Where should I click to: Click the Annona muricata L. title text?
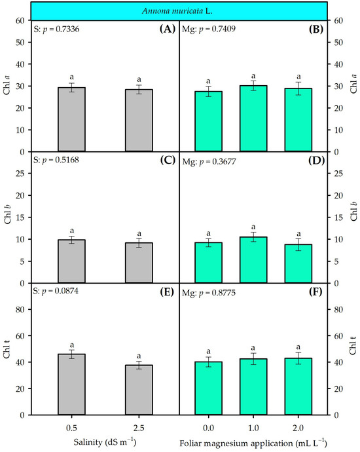tap(177, 11)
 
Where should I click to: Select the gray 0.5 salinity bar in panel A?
tap(72, 119)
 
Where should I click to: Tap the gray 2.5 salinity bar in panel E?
tap(139, 390)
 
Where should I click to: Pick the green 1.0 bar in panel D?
tap(253, 259)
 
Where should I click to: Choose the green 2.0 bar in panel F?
tap(298, 386)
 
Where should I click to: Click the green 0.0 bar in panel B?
tap(209, 121)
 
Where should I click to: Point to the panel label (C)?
tap(168, 160)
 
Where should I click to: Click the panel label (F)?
tap(315, 292)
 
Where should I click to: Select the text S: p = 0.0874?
tap(56, 292)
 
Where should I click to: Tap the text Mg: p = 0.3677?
tap(209, 162)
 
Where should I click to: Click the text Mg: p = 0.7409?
tap(209, 29)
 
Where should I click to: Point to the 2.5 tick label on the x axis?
tap(139, 428)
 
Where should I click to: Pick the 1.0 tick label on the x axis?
tap(253, 428)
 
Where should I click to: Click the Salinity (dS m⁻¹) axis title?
tap(105, 442)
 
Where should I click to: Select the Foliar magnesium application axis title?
tap(253, 443)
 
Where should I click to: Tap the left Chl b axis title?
tap(7, 214)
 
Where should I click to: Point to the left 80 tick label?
tap(20, 309)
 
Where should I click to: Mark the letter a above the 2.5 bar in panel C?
tap(139, 233)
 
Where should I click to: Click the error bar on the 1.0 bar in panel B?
tap(253, 86)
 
